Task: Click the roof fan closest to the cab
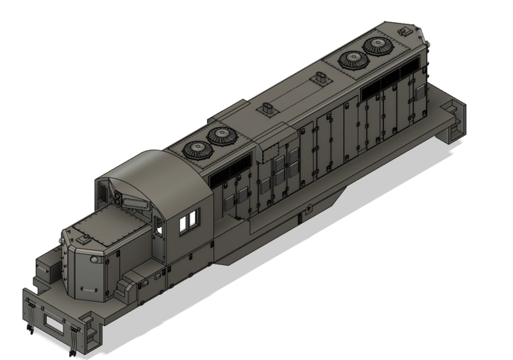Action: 198,150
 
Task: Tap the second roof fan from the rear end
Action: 351,60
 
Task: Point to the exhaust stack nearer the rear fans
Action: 320,79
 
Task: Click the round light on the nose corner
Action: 94,259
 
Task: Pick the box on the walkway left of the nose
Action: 46,270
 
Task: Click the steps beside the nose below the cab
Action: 129,283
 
